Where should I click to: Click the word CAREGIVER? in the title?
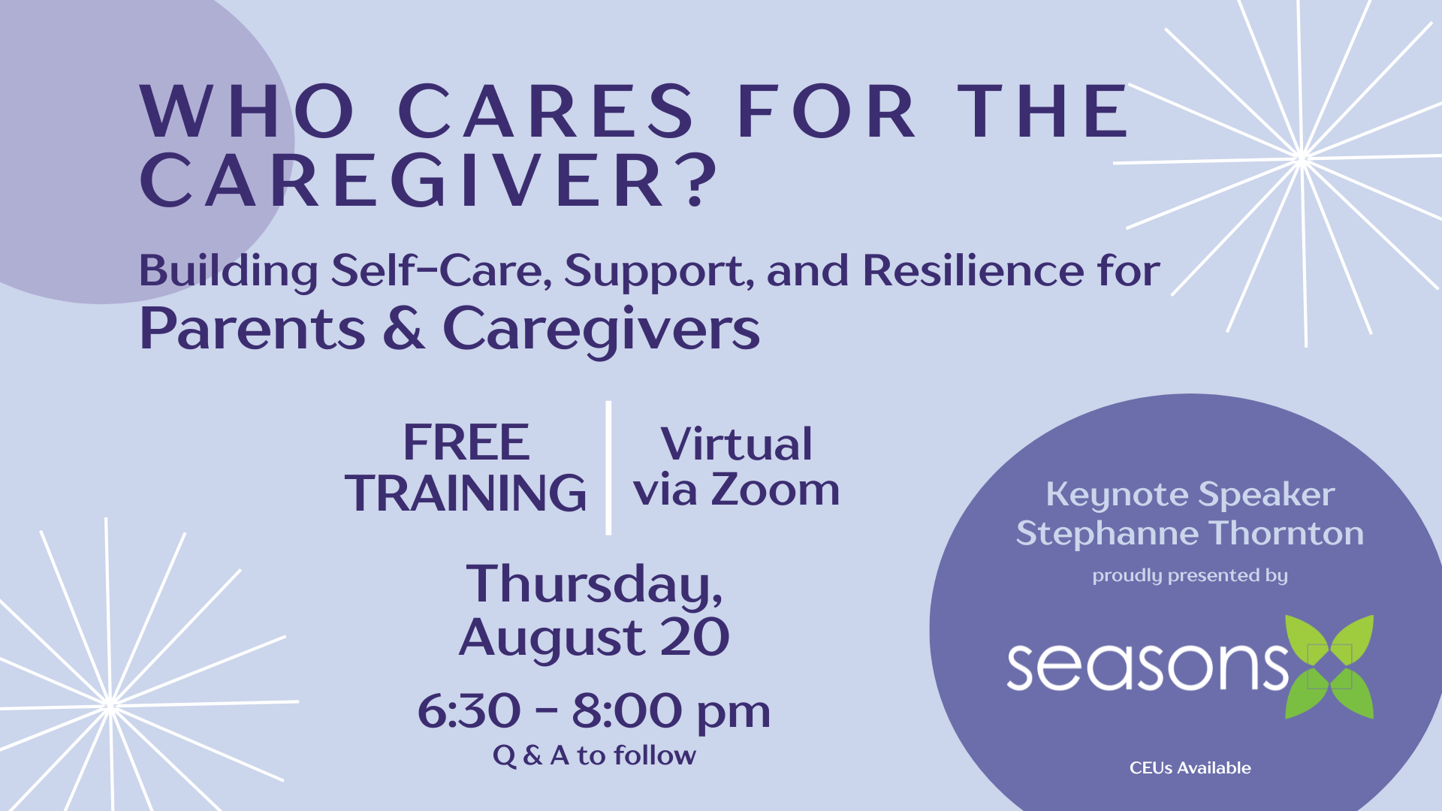tap(429, 180)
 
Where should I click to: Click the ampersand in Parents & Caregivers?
tap(404, 328)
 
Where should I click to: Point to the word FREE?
tap(466, 442)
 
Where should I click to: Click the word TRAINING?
tap(466, 493)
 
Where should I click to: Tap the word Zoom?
tap(775, 490)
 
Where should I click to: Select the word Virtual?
tap(736, 443)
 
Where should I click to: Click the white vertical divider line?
tap(608, 468)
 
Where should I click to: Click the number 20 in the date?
tap(695, 638)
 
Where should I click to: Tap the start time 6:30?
tap(469, 710)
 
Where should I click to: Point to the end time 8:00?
tap(627, 710)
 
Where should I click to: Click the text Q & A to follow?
tap(594, 755)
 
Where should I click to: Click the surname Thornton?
tap(1287, 533)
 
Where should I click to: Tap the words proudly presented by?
tap(1190, 576)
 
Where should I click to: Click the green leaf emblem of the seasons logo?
tap(1329, 667)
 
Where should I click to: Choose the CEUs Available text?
tap(1190, 768)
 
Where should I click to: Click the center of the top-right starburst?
tap(1302, 158)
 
